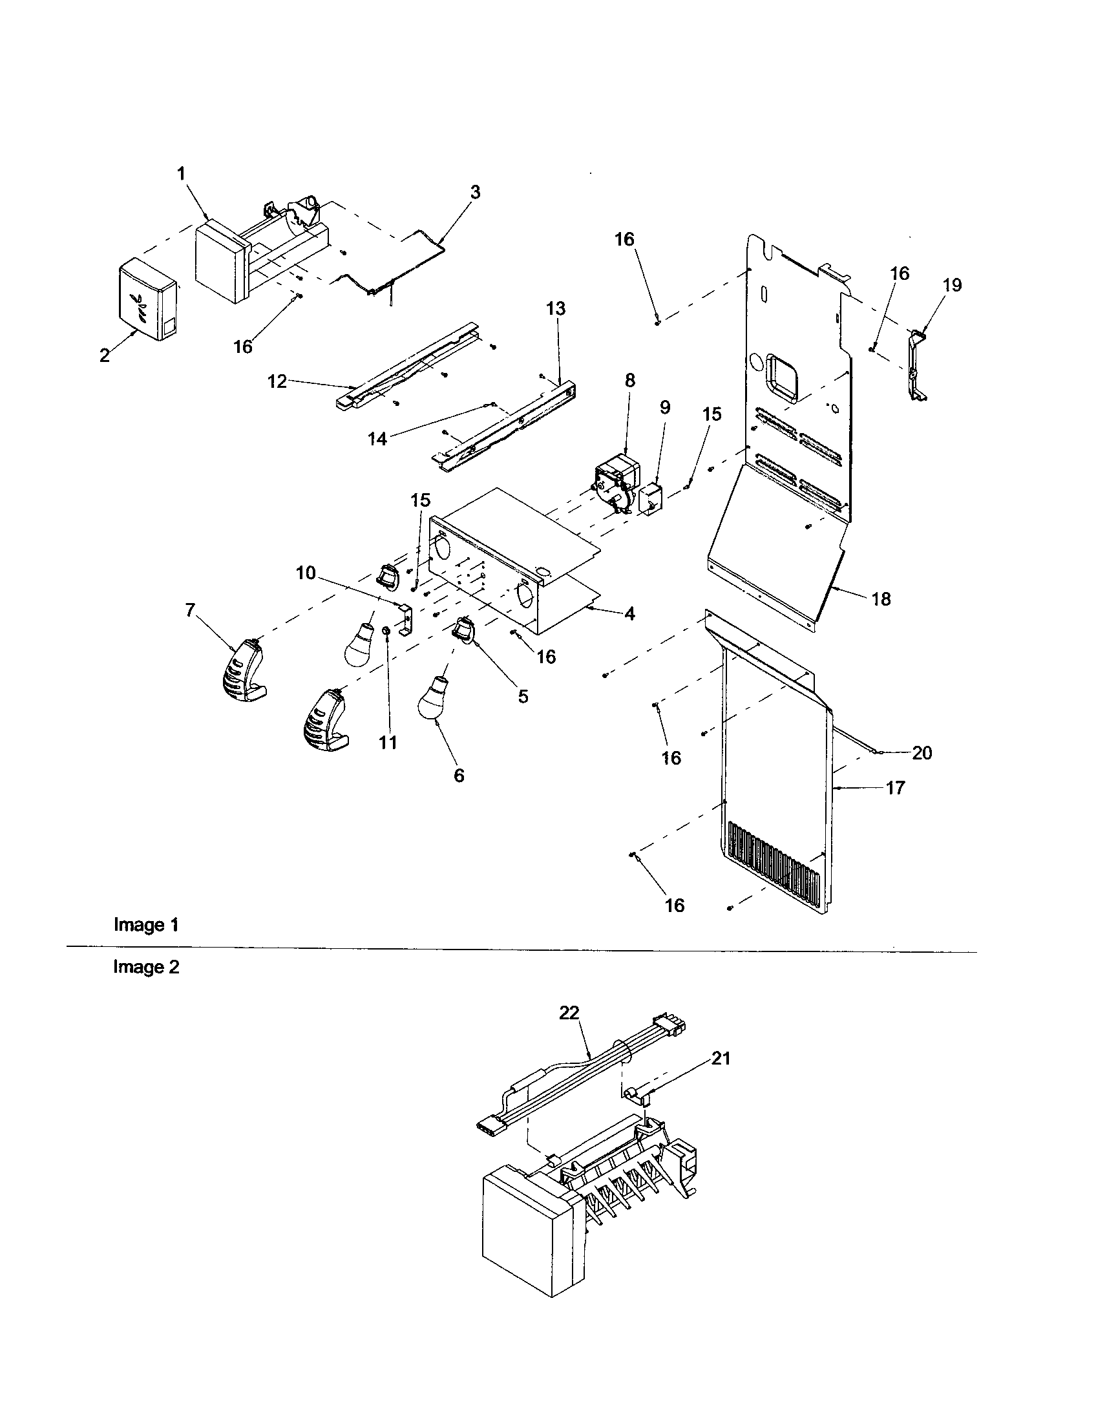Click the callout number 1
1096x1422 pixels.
coord(181,174)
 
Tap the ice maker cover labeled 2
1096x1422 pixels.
coord(148,302)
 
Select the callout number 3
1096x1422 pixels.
coord(476,193)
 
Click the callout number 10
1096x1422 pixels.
coord(305,573)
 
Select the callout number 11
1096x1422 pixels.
coord(388,742)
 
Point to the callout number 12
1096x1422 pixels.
coord(277,381)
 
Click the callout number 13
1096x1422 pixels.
coord(556,308)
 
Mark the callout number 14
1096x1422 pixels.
coord(377,439)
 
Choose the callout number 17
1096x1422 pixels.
coord(895,788)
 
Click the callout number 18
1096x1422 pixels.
coord(881,599)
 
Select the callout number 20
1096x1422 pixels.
coord(922,752)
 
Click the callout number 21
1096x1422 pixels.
coord(721,1059)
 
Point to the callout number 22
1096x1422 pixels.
coord(569,1013)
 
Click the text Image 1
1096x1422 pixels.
coord(146,924)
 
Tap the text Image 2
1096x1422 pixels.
coord(146,967)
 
